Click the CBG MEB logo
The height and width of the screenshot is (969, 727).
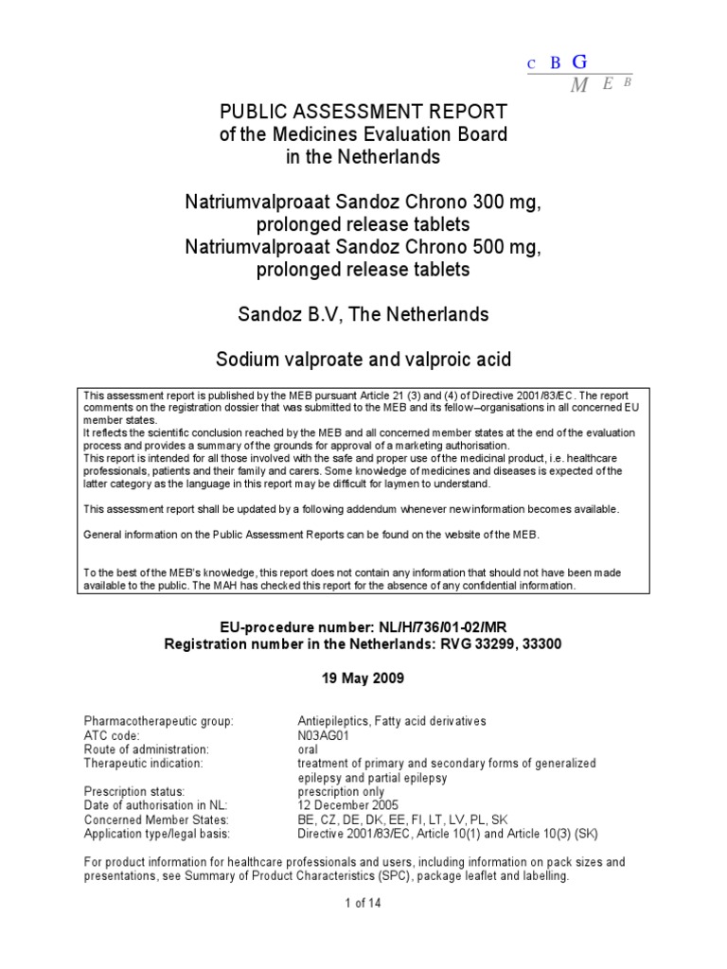pos(578,73)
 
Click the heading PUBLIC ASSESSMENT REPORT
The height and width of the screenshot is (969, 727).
pos(363,112)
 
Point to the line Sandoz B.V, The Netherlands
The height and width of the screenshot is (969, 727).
pos(363,315)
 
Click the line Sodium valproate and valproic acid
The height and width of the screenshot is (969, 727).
pos(363,361)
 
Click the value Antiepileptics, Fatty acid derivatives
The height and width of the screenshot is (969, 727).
pos(392,721)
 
